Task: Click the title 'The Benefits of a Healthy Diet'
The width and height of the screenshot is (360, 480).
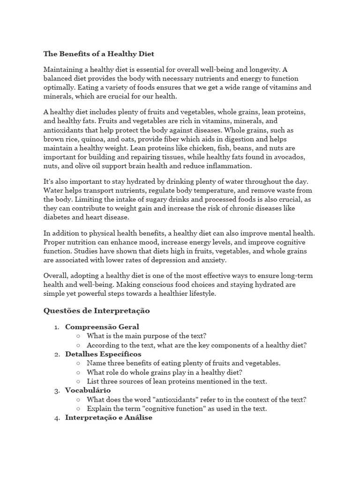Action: [98, 54]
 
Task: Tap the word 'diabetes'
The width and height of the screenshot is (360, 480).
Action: [58, 217]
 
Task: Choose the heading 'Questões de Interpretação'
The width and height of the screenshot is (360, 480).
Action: [96, 310]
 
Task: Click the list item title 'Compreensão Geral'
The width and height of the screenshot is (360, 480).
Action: [102, 327]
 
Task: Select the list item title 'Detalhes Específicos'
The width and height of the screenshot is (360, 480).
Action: [103, 354]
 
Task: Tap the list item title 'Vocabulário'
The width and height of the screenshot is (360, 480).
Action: [88, 390]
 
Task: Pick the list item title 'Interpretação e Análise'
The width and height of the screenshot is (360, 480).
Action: [108, 417]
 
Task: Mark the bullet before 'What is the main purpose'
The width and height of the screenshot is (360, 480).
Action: [77, 336]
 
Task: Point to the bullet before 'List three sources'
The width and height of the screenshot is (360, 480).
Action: [77, 382]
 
